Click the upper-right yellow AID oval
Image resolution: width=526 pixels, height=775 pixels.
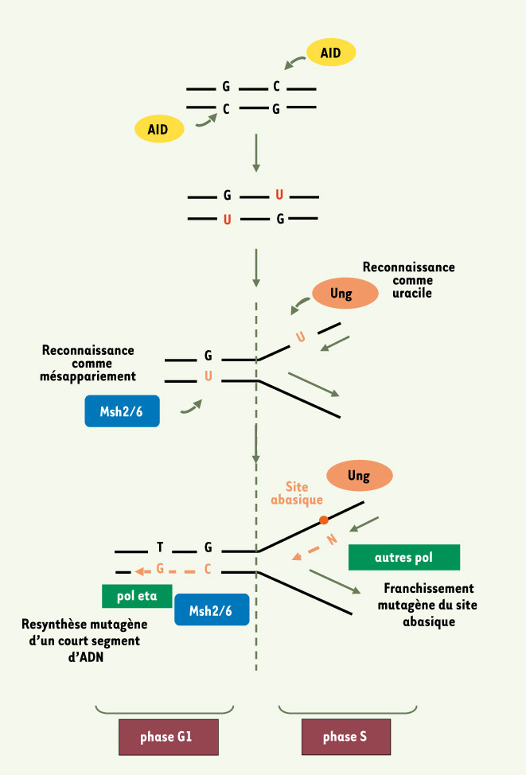pos(330,53)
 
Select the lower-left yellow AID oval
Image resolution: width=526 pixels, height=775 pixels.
pos(159,129)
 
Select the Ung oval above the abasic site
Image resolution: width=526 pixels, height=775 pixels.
pos(359,476)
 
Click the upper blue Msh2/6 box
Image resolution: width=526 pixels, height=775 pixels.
pos(122,411)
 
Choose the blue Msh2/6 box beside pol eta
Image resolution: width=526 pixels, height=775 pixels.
pos(212,610)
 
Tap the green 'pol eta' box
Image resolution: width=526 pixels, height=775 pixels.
pos(137,595)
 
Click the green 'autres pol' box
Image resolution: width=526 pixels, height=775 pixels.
pos(403,558)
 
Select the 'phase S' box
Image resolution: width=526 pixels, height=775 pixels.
pos(345,737)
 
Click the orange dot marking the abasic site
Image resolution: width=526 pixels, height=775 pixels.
pos(323,520)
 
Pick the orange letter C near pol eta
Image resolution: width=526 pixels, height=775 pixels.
pos(208,570)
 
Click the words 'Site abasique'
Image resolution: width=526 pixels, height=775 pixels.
pos(297,493)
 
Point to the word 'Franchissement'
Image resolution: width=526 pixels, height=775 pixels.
pos(428,589)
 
